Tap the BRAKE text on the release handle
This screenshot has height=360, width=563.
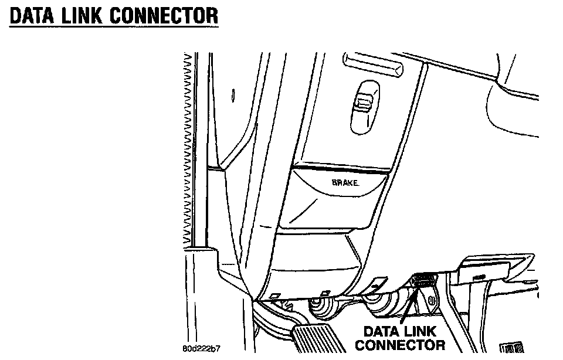point(345,183)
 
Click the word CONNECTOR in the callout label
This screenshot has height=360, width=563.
point(400,345)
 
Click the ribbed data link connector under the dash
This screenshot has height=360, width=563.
point(423,283)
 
